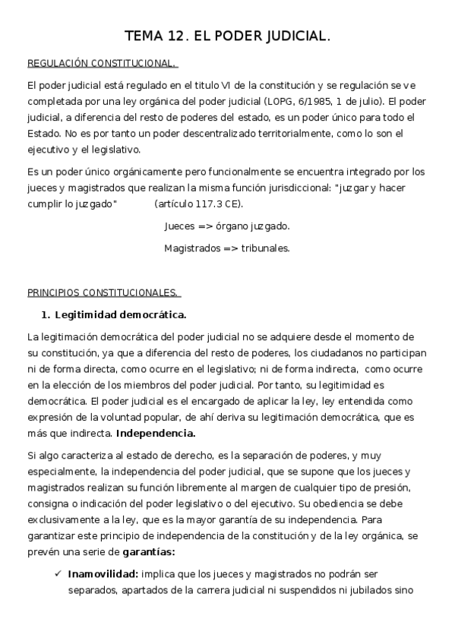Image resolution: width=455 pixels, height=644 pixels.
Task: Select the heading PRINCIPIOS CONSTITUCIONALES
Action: (103, 292)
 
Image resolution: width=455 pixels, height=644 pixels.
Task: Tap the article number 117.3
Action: (201, 204)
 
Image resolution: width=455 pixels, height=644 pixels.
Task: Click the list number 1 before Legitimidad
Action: (45, 314)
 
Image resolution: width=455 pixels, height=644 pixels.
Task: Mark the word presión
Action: (390, 487)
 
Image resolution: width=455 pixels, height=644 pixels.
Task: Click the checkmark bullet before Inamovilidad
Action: (58, 573)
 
